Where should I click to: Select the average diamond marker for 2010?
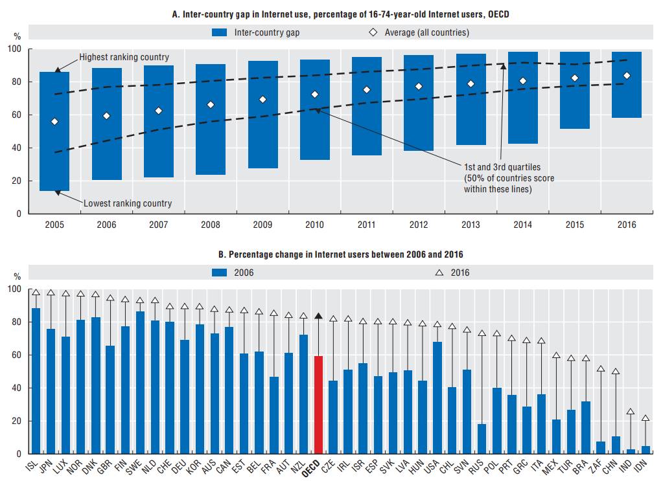tap(315, 95)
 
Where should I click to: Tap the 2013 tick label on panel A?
tap(471, 224)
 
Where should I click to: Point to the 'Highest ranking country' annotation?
tap(124, 58)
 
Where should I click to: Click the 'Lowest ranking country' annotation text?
tap(128, 203)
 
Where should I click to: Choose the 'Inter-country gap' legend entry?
tap(255, 32)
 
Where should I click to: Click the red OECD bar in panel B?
tap(318, 405)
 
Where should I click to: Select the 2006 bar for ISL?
tap(36, 381)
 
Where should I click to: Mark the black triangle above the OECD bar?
tap(318, 316)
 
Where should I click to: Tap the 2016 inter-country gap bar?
tap(627, 85)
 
